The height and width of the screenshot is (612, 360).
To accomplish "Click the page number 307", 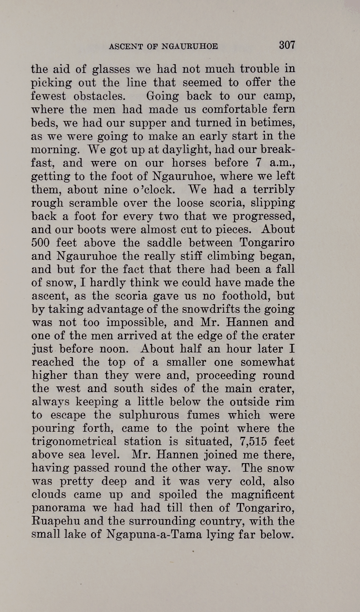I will (x=287, y=45).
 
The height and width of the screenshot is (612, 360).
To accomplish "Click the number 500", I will (x=41, y=243).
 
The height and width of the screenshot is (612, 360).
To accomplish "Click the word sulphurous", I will (x=149, y=415).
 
